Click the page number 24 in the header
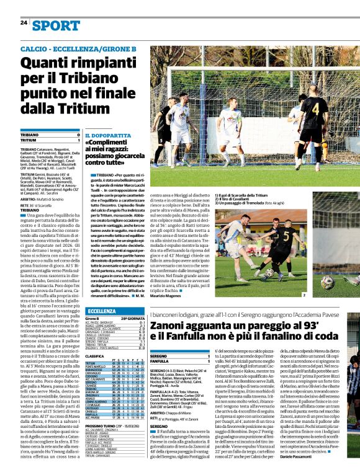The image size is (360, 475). (23, 23)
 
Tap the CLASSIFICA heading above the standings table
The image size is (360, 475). (94, 357)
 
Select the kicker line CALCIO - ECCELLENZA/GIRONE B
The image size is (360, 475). (78, 48)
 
